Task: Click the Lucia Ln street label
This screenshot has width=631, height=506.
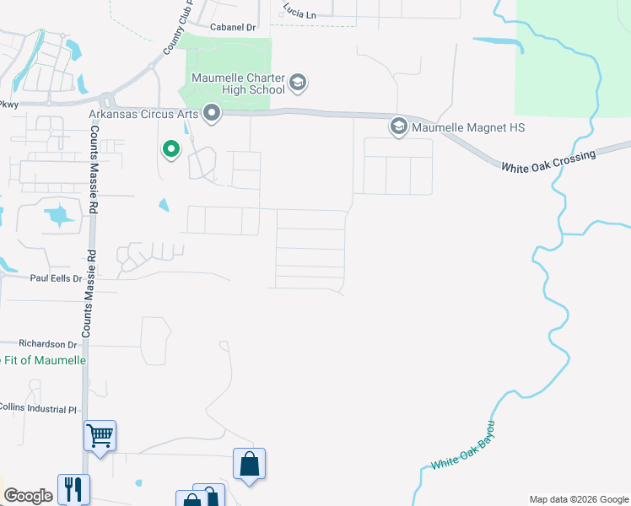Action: pos(299,14)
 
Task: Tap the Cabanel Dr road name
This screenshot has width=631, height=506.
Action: pos(233,28)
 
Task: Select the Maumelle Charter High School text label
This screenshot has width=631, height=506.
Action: pos(238,83)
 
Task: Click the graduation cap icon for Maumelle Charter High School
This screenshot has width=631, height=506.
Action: pos(297,83)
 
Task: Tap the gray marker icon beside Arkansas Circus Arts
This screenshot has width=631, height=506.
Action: pos(212,113)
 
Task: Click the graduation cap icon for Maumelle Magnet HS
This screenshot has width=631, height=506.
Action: pos(398,127)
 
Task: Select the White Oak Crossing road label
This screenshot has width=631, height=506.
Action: pos(549,160)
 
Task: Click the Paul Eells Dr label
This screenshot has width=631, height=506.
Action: pos(56,277)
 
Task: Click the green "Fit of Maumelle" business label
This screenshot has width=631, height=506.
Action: pos(44,361)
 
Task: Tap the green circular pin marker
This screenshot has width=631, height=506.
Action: pos(171,150)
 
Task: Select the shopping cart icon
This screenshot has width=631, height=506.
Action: pos(100,436)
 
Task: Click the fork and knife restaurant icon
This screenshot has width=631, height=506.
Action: pos(73,488)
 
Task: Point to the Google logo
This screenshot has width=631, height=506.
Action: pos(28,496)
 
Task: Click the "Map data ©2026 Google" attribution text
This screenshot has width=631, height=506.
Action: pos(578,499)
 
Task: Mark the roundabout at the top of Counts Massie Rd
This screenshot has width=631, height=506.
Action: pos(106,100)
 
